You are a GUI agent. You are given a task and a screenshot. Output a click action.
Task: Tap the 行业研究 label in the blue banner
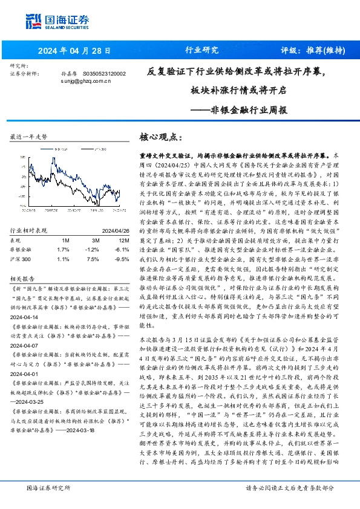201,50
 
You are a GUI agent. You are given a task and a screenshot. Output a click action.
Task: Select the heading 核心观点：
157,137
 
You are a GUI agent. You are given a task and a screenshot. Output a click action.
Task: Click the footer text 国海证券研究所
48,488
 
